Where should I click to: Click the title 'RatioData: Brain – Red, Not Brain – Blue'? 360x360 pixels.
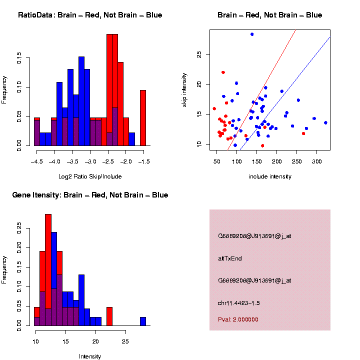point(90,15)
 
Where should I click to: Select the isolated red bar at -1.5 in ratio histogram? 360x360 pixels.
point(143,118)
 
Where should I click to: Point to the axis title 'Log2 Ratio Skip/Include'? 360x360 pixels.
point(89,176)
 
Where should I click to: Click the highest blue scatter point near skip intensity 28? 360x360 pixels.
point(252,34)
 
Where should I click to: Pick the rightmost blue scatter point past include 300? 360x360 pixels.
point(325,122)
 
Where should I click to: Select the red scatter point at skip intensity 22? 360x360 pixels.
point(223,72)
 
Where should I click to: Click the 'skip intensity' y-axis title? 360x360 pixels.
point(184,89)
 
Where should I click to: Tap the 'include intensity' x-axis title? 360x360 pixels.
point(270,176)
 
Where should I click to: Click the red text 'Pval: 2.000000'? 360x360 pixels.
point(238,319)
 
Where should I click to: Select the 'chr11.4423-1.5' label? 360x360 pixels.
point(238,303)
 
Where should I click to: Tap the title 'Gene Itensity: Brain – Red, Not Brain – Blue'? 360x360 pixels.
point(90,195)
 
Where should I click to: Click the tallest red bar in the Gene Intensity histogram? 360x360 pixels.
point(48,270)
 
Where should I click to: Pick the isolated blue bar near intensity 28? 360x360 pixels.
point(143,321)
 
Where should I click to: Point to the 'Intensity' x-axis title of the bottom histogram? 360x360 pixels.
point(90,356)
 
